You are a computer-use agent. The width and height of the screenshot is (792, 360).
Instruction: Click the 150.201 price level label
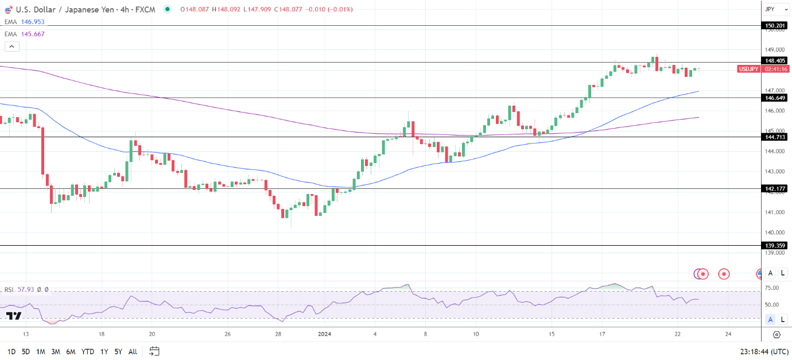[x=775, y=25]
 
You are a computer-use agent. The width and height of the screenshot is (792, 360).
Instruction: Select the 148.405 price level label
[x=775, y=61]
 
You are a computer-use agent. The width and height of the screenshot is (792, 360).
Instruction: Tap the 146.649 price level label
[x=775, y=98]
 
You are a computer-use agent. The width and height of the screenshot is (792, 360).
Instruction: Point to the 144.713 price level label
[x=775, y=137]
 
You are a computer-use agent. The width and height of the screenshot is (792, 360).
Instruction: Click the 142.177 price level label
[x=775, y=188]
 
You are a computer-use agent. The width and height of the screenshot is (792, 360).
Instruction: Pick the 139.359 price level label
[x=775, y=246]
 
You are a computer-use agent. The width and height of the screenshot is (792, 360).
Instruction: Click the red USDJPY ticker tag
[x=749, y=69]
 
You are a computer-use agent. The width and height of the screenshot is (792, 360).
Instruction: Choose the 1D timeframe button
[x=11, y=351]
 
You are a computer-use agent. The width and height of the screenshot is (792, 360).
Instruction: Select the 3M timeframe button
[x=56, y=351]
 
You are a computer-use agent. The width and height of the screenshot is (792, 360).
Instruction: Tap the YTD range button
[x=88, y=351]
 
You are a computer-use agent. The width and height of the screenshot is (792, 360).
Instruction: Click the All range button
[x=133, y=351]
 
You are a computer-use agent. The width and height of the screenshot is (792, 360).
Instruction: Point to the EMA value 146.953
[x=32, y=22]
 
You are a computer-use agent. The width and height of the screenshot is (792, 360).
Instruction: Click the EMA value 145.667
[x=32, y=34]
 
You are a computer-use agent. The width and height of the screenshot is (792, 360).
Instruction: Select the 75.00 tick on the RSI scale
[x=772, y=288]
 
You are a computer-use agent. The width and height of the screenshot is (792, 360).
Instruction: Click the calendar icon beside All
[x=154, y=351]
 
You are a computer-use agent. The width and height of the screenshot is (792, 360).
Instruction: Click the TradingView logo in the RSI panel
[x=14, y=316]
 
